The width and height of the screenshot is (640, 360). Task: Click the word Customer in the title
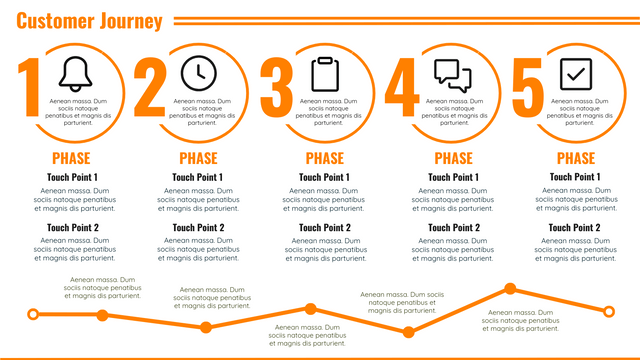[x=53, y=21]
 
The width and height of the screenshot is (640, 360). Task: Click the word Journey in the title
[x=128, y=21]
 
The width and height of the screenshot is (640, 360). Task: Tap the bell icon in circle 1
[x=74, y=73]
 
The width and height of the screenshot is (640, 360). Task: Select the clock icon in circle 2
[x=198, y=73]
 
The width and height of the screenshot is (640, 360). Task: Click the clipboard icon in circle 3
[x=325, y=74]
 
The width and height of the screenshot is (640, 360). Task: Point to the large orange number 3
[x=277, y=87]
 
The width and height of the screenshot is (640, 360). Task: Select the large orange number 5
[x=527, y=87]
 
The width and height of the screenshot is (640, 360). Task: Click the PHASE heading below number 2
[x=198, y=158]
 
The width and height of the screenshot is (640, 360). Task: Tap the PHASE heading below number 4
[x=453, y=158]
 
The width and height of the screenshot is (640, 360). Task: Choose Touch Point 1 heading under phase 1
[x=72, y=177]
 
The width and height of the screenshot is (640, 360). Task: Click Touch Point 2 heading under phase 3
[x=324, y=227]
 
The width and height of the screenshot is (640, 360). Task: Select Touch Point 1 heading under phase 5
[x=575, y=177]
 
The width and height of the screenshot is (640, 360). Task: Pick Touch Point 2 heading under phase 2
[x=198, y=227]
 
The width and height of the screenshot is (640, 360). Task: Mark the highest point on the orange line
[x=510, y=289]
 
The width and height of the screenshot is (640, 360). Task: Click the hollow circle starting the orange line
[x=33, y=315]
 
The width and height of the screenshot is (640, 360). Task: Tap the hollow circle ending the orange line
[x=608, y=311]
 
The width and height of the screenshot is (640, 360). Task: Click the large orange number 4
[x=402, y=87]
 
